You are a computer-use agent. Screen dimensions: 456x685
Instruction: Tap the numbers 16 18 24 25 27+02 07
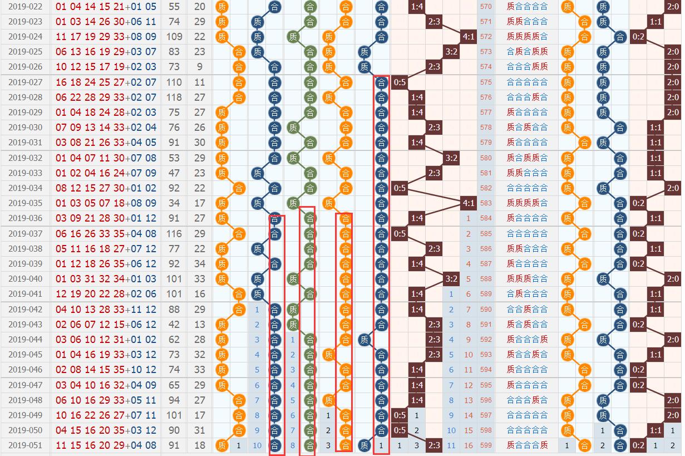click(106, 82)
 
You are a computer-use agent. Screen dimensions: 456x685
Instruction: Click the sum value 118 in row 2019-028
click(174, 97)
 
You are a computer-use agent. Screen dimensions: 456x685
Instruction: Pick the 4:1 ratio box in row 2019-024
click(469, 37)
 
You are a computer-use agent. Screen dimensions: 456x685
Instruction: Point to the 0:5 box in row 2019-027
click(400, 82)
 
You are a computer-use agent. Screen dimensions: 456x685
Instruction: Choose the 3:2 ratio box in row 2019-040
click(451, 279)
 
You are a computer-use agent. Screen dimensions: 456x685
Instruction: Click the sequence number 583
click(486, 203)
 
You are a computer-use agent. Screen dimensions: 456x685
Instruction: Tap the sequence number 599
click(486, 445)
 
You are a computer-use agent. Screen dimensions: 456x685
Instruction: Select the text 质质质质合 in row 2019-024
click(527, 37)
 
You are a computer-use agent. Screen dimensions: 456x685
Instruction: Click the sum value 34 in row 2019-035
click(174, 203)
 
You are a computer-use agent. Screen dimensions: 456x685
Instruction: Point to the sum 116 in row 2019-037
click(174, 234)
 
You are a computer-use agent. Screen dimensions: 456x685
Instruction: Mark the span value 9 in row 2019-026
click(200, 67)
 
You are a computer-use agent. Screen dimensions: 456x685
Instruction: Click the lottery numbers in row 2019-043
click(106, 325)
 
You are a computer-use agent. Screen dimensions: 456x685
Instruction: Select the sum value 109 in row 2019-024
click(174, 37)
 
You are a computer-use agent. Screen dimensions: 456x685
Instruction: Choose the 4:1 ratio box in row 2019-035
click(469, 203)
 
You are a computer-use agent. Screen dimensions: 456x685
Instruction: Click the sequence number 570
click(486, 7)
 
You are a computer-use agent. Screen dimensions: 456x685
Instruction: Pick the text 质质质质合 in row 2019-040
click(527, 279)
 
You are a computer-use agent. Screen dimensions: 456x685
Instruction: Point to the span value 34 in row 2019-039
click(200, 264)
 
